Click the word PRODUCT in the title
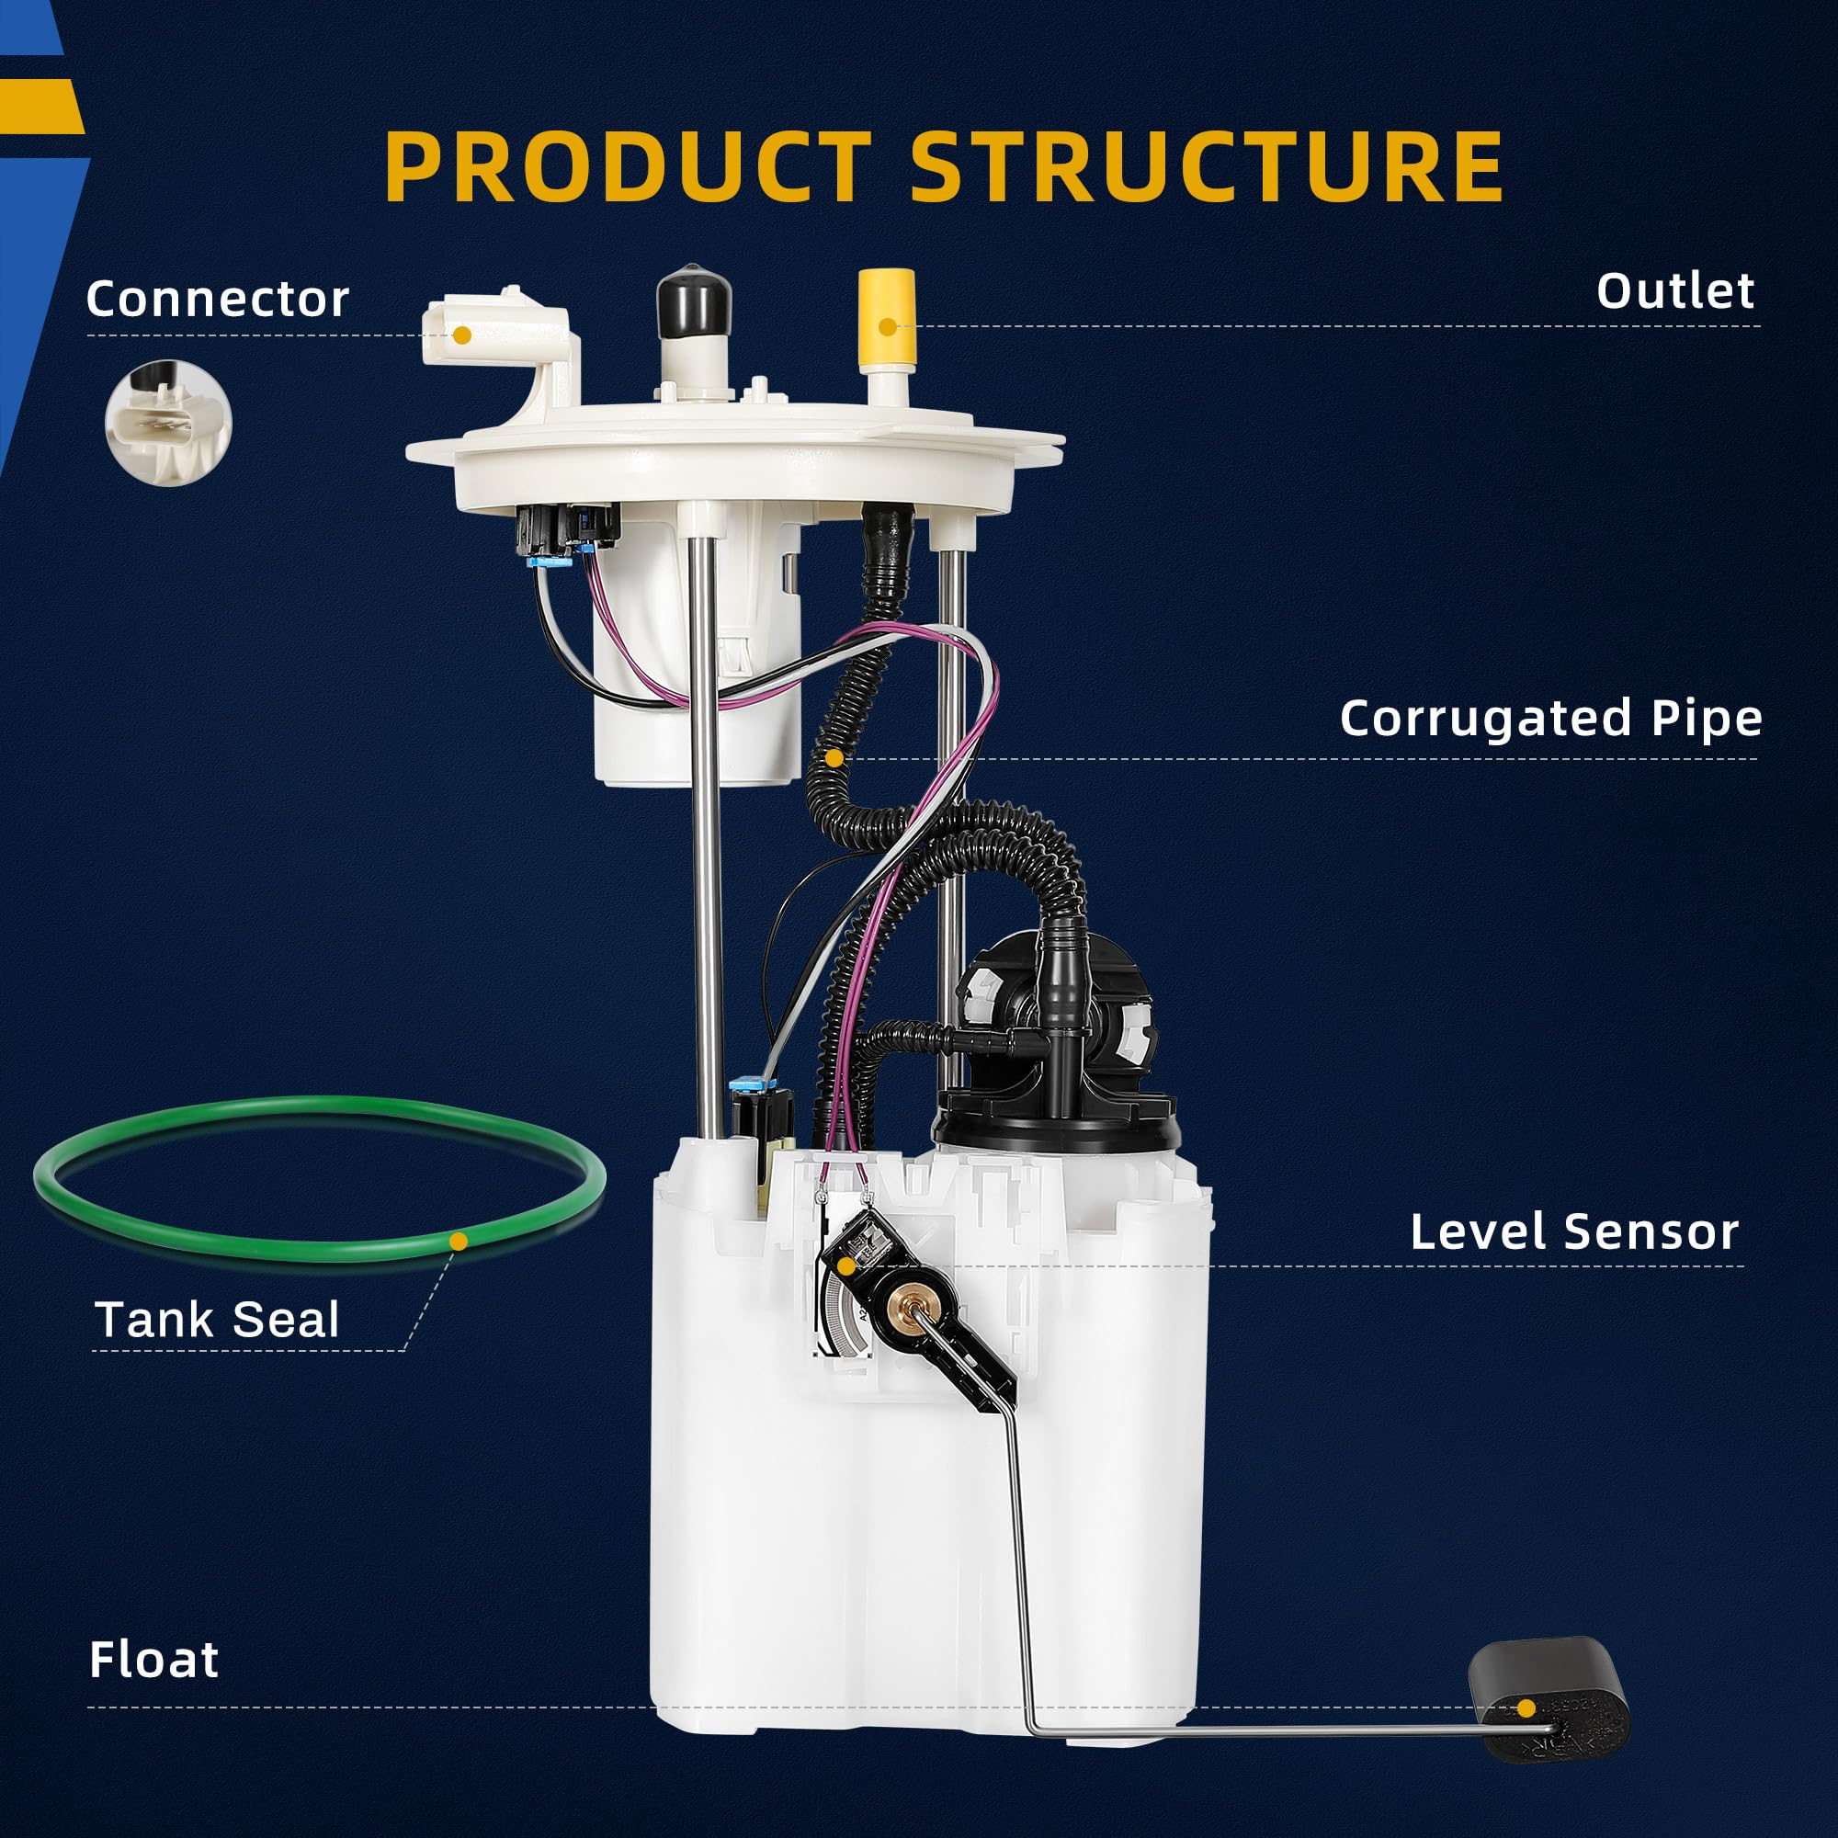(x=628, y=166)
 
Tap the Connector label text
(x=218, y=299)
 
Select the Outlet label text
(x=1675, y=291)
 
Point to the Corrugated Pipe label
(x=1550, y=719)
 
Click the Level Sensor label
(x=1574, y=1232)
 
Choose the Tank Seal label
(x=217, y=1321)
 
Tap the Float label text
(x=153, y=1660)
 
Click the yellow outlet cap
(x=886, y=314)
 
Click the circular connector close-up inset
(x=168, y=424)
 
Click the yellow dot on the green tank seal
(x=459, y=1241)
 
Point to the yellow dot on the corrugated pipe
(x=834, y=757)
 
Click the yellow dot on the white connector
(x=461, y=335)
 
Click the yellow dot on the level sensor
(x=845, y=1266)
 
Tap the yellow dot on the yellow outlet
(x=887, y=327)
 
